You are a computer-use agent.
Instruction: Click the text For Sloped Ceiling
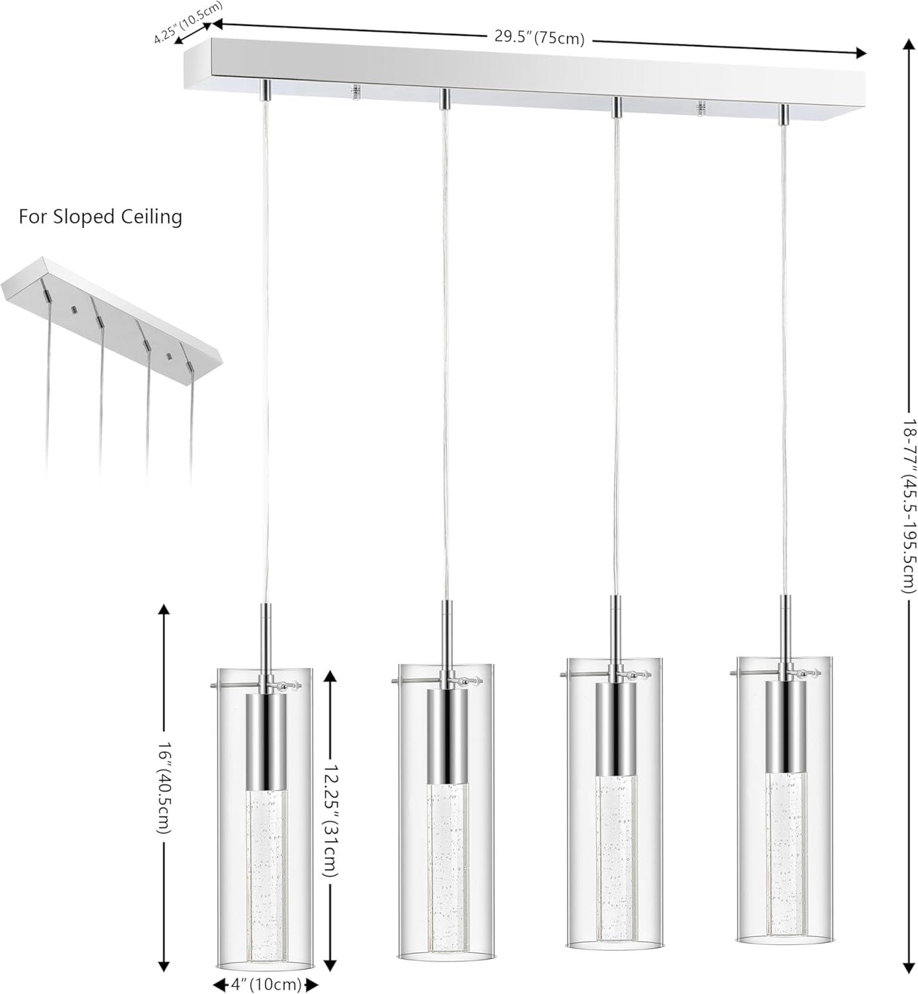(100, 217)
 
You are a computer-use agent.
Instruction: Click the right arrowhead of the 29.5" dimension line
(860, 53)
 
